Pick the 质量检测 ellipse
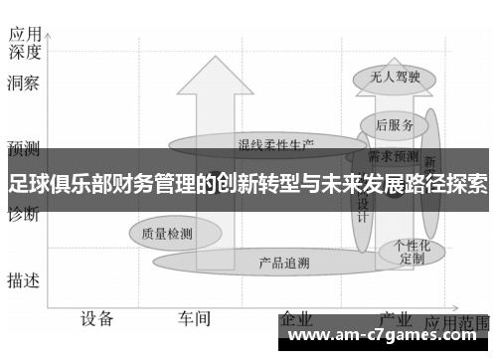[x=166, y=234]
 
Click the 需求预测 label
[x=393, y=156]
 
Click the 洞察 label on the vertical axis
[x=23, y=85]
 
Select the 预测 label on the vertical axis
[x=23, y=149]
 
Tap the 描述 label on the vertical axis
[x=23, y=280]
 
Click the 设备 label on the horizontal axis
[x=96, y=318]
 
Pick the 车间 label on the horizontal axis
[x=194, y=318]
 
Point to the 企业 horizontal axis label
[x=296, y=319]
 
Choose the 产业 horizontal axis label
[x=396, y=319]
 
